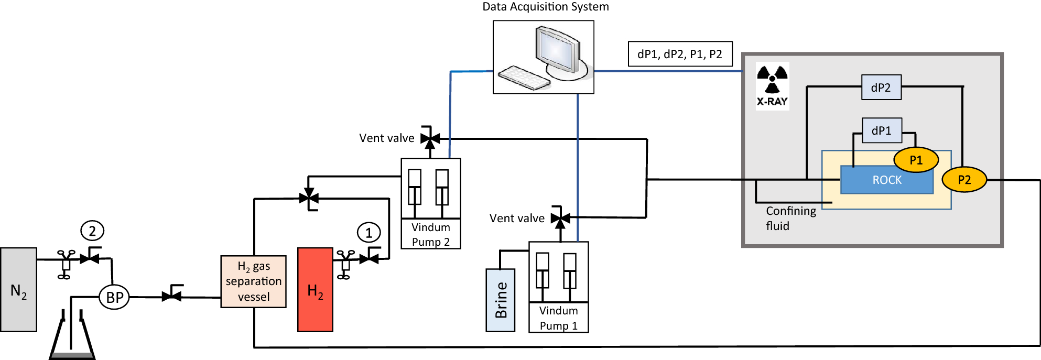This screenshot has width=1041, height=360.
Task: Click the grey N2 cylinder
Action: [x=18, y=290]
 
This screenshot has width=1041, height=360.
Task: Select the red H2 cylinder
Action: [x=315, y=290]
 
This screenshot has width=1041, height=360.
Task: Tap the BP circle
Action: [x=114, y=297]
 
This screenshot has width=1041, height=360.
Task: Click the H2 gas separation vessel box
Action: [x=253, y=281]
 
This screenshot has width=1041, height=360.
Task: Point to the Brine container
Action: [x=501, y=300]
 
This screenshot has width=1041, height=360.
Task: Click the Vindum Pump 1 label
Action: [x=558, y=318]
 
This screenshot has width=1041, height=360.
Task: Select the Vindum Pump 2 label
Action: [x=430, y=234]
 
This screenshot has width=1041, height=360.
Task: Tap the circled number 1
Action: [x=368, y=233]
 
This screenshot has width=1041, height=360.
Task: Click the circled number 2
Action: [x=92, y=231]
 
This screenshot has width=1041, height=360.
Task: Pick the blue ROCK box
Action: [x=886, y=180]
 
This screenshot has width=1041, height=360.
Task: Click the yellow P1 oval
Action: [x=916, y=160]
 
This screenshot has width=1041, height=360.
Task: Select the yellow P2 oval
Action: [x=964, y=180]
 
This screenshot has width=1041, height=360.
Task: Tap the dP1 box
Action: [x=882, y=130]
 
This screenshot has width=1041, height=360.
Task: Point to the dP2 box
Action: [x=881, y=88]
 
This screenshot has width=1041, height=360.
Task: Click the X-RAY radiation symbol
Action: [x=772, y=79]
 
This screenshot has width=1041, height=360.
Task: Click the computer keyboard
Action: [x=524, y=78]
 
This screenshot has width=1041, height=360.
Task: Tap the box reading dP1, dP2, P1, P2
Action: [x=680, y=54]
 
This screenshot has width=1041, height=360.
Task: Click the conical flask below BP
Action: [x=72, y=338]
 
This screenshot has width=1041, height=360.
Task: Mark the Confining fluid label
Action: [x=790, y=218]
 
